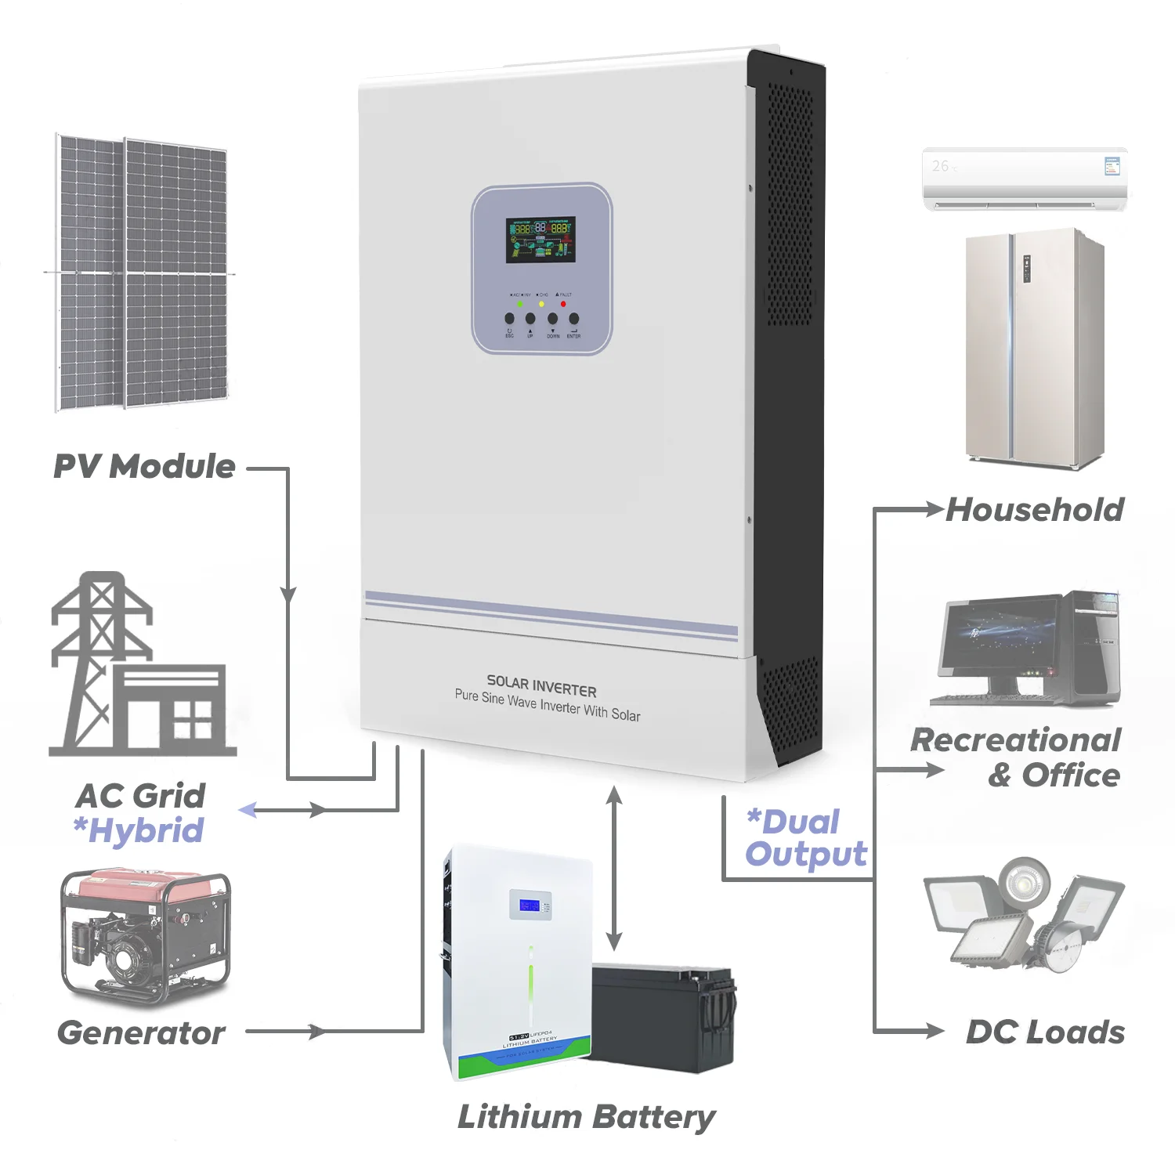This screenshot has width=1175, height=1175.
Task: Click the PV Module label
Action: (144, 466)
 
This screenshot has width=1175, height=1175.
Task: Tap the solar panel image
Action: (141, 273)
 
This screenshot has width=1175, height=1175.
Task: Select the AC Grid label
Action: (141, 796)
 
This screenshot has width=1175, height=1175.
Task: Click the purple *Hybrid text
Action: (139, 831)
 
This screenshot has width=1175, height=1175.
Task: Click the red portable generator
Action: (146, 935)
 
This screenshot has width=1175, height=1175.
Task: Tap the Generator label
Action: (141, 1032)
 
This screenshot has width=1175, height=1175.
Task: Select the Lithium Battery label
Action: (586, 1117)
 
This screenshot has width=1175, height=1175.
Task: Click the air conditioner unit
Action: (1025, 179)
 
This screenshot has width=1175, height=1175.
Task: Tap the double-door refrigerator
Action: (1034, 349)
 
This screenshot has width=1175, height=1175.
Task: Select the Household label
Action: (1035, 510)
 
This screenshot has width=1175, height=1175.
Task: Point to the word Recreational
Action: (1016, 740)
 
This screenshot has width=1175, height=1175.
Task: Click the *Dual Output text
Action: (806, 838)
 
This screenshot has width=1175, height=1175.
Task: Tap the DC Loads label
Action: (1045, 1032)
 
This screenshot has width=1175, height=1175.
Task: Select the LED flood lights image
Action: (1022, 913)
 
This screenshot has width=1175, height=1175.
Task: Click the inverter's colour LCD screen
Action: (540, 240)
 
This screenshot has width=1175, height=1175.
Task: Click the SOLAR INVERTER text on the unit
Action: (541, 686)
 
